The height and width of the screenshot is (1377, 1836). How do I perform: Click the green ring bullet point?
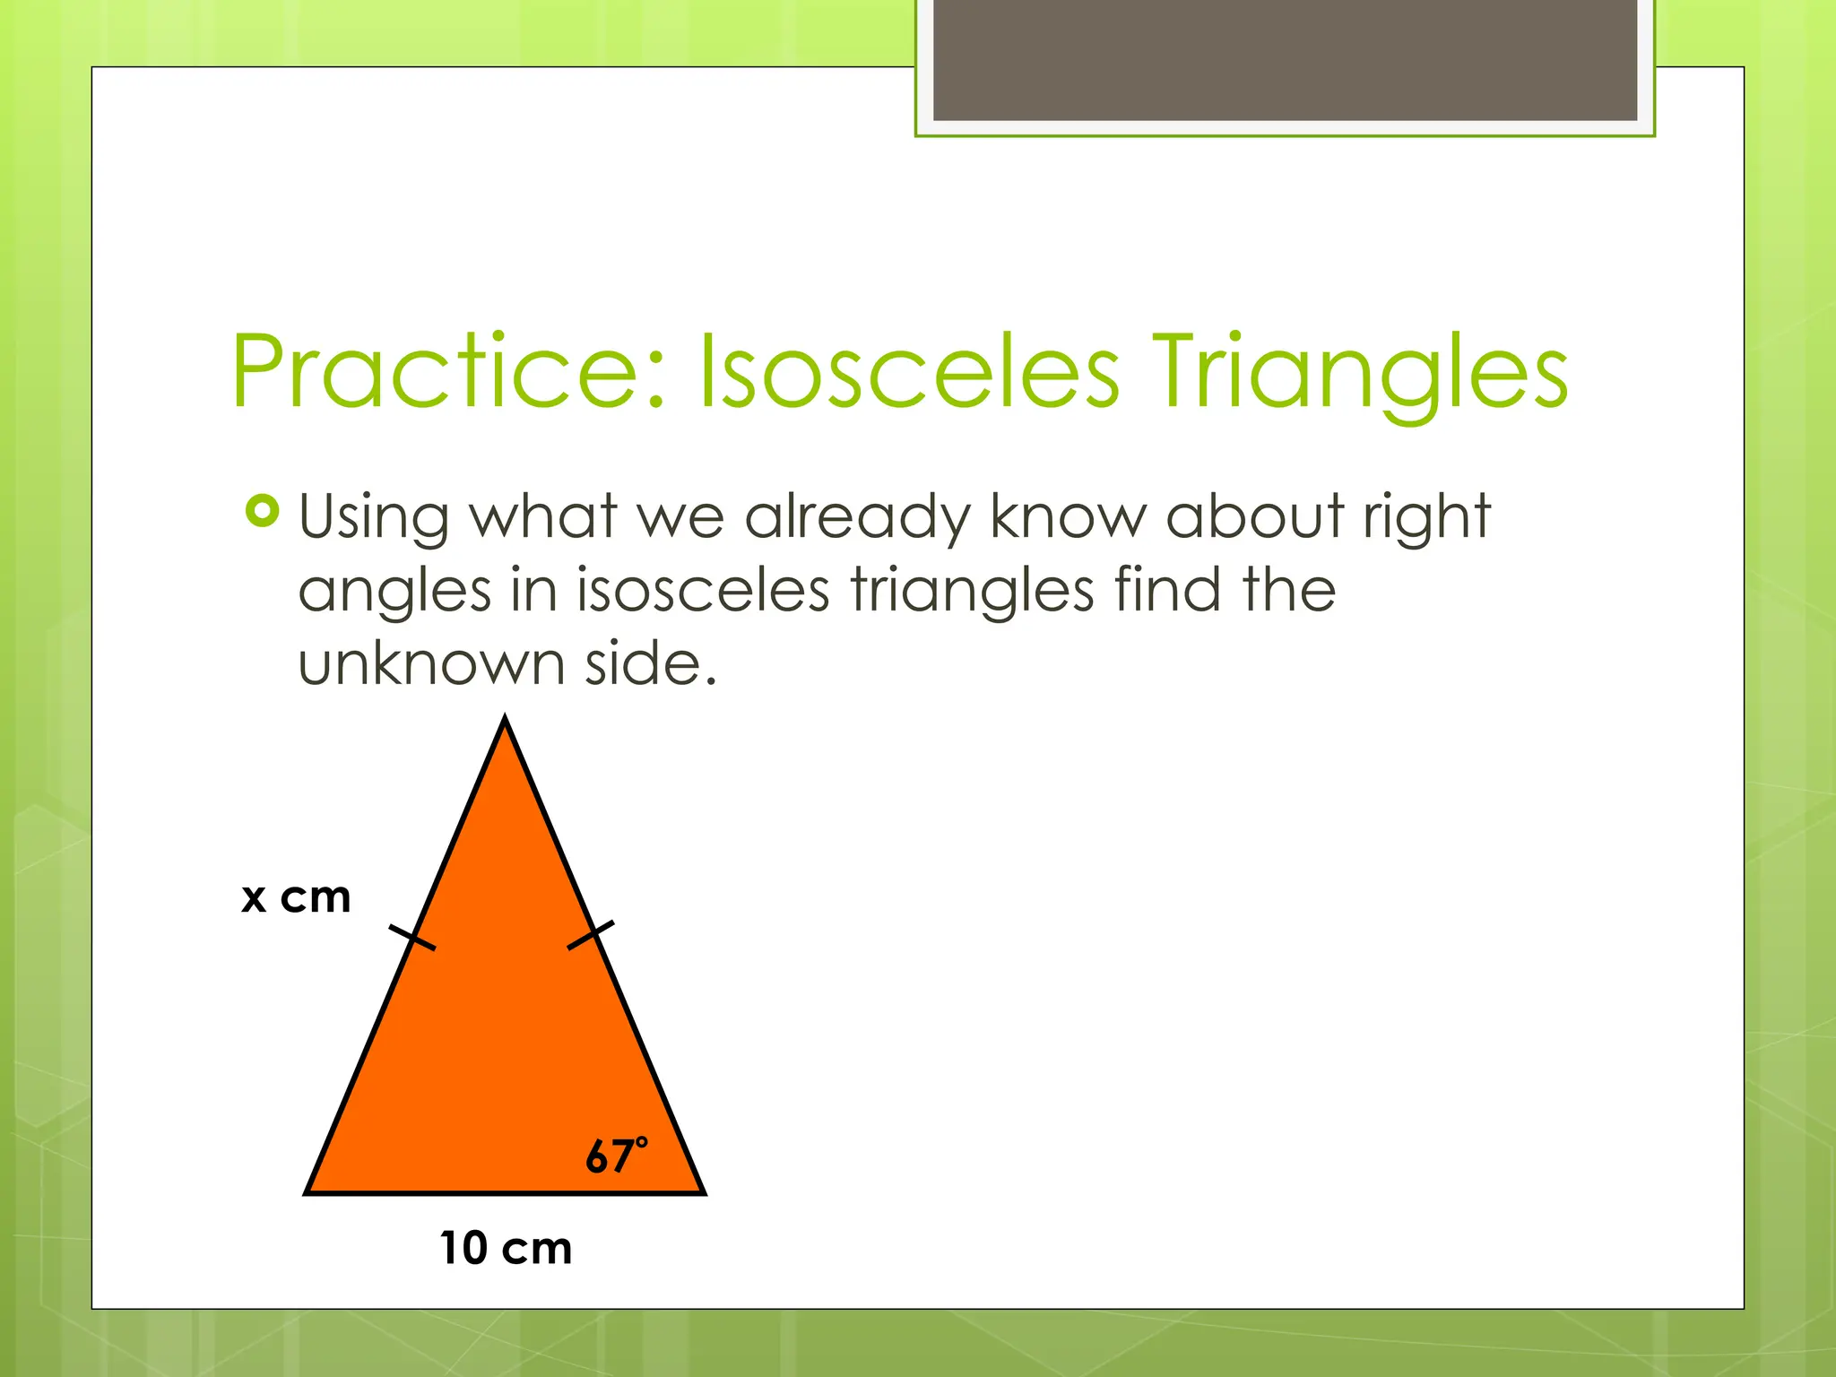(262, 511)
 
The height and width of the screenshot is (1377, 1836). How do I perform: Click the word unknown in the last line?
(431, 664)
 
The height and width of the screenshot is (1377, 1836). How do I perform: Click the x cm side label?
(296, 896)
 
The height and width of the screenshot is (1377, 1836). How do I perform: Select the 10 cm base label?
(506, 1248)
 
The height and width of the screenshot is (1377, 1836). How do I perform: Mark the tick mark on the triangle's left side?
(412, 938)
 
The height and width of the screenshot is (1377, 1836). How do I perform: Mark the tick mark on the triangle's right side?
(591, 935)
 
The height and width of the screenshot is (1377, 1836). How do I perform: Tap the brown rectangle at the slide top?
(1285, 59)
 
